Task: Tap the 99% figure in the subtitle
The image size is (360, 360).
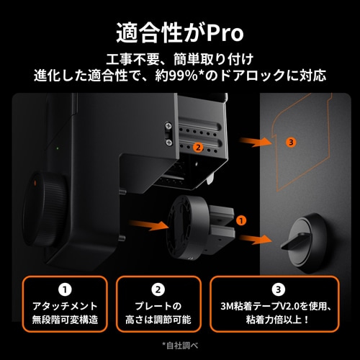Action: pos(206,74)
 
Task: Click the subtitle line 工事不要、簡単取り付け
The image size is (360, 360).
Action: pos(180,58)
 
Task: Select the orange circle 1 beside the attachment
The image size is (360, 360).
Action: pos(241,217)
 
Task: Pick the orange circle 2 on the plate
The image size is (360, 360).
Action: pos(197,146)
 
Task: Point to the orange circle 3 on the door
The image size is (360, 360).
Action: pos(291,142)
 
